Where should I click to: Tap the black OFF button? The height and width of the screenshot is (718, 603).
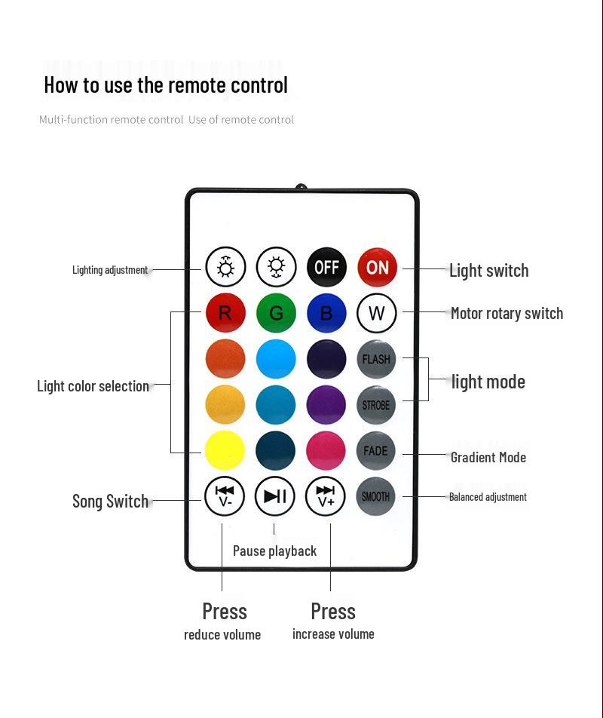pyautogui.click(x=326, y=267)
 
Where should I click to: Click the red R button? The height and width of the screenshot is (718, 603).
pyautogui.click(x=225, y=313)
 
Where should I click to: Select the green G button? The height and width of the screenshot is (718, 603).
pyautogui.click(x=276, y=313)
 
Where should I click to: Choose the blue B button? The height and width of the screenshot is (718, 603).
pyautogui.click(x=326, y=313)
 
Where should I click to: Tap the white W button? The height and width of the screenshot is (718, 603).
pyautogui.click(x=377, y=313)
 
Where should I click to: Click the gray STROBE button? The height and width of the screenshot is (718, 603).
pyautogui.click(x=376, y=405)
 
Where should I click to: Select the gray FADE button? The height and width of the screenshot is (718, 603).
pyautogui.click(x=376, y=451)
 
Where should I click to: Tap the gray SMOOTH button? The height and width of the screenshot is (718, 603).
pyautogui.click(x=376, y=496)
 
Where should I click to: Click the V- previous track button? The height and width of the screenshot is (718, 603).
pyautogui.click(x=225, y=496)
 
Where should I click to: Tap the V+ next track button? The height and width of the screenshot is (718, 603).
pyautogui.click(x=326, y=496)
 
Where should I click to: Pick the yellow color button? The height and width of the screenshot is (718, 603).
pyautogui.click(x=225, y=451)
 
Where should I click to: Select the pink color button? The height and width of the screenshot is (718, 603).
pyautogui.click(x=326, y=451)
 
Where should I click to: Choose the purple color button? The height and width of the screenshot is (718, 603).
pyautogui.click(x=326, y=405)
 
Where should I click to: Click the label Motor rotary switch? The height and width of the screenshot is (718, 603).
pyautogui.click(x=507, y=314)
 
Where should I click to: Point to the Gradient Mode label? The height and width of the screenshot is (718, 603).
pyautogui.click(x=488, y=457)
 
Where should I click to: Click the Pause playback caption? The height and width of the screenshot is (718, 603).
pyautogui.click(x=274, y=551)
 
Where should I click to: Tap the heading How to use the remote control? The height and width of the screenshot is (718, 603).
pyautogui.click(x=166, y=85)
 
